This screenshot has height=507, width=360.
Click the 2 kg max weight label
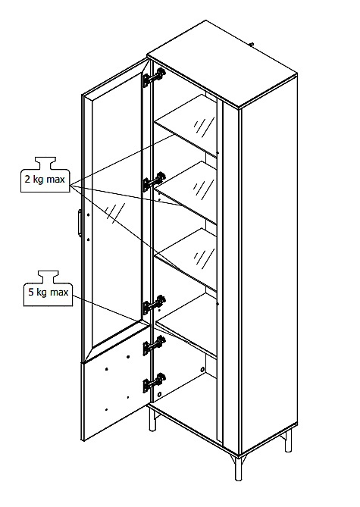[x=45, y=175]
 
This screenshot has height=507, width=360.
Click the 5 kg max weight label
[x=49, y=289]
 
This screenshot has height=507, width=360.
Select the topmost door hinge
[x=155, y=77]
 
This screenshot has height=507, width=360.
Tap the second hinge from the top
[x=155, y=182]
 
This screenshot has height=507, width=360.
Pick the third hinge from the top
[x=155, y=305]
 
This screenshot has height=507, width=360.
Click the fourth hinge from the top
[x=155, y=346]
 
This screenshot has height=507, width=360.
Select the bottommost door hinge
[x=155, y=383]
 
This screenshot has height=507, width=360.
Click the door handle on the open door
[x=80, y=223]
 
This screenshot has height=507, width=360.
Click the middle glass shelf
[x=186, y=192]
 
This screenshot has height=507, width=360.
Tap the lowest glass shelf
[x=186, y=258]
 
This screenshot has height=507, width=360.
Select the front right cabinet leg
[x=239, y=468]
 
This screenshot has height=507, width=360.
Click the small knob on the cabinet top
[x=252, y=44]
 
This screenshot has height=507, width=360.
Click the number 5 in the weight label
[x=31, y=292]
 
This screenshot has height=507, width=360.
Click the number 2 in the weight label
[x=28, y=179]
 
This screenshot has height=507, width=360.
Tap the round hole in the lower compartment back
[x=202, y=369]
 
